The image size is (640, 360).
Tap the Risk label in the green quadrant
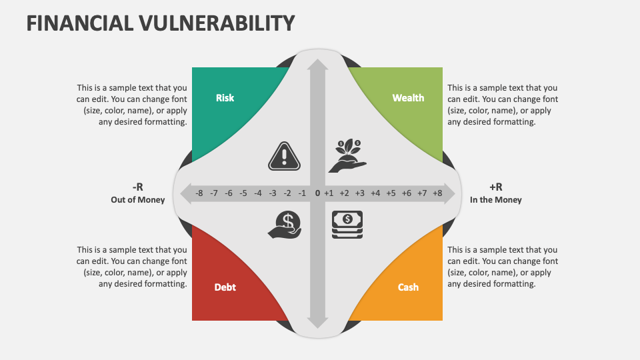coord(225,98)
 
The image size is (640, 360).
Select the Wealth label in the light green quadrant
coord(408,98)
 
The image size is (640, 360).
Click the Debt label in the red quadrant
coord(225,287)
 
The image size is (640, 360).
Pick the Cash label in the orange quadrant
coord(408,287)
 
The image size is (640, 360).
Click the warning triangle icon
coord(285,156)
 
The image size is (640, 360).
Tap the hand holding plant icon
coord(348,156)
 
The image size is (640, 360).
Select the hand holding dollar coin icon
coord(285,225)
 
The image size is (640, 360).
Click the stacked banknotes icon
coord(347,225)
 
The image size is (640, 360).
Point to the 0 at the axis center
coord(317,193)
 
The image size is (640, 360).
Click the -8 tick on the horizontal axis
coord(199,193)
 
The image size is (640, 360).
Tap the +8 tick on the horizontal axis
coord(437,193)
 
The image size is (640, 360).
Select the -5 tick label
coord(243,193)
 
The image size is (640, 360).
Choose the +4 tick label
coord(375,193)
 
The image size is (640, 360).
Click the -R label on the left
coord(138,187)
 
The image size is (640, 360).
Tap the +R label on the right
coord(496,187)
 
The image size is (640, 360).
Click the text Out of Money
coord(138,200)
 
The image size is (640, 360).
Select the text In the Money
coord(496,200)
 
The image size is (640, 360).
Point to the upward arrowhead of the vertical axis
coord(317,65)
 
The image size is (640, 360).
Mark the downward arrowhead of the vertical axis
coord(317,323)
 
